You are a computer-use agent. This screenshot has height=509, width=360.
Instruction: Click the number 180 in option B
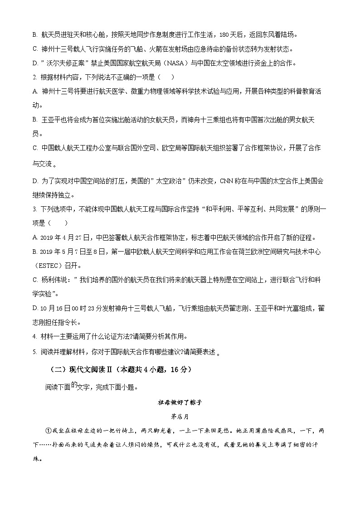[224, 34]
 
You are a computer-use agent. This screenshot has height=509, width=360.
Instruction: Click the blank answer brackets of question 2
[165, 77]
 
